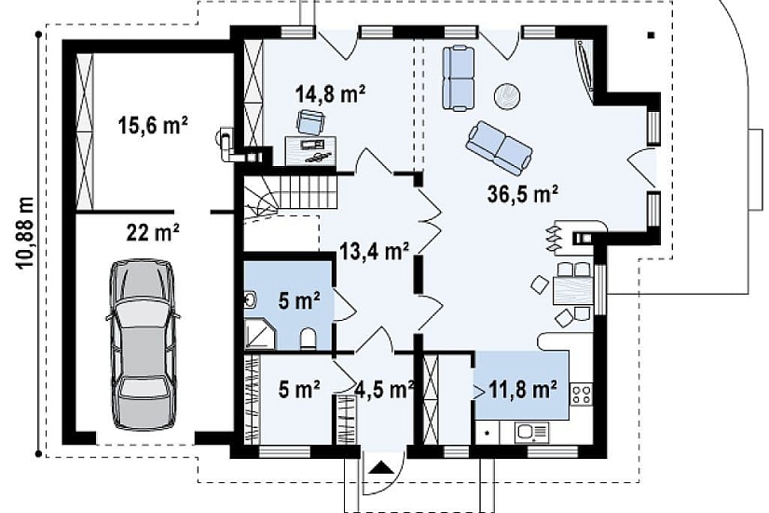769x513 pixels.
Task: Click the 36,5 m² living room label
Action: tap(523, 194)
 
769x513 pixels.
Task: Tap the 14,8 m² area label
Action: tap(330, 93)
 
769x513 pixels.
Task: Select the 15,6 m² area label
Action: tap(153, 126)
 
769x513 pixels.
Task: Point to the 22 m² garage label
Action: tap(153, 232)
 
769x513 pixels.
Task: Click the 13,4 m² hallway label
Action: tap(375, 252)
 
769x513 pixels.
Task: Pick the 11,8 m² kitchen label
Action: tap(523, 389)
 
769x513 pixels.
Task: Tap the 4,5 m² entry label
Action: tap(384, 389)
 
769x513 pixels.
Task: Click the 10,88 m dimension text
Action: tap(25, 232)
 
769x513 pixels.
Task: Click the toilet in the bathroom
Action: tap(308, 339)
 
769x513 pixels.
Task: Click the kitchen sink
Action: tap(531, 433)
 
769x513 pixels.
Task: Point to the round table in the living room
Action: tap(507, 96)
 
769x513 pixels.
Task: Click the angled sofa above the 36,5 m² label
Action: tap(499, 148)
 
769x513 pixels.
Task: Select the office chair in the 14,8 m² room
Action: tap(311, 122)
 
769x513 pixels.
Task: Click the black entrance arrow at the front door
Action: tap(380, 467)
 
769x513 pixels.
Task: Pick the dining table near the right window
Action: tap(572, 291)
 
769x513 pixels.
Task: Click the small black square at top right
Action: tap(652, 35)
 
